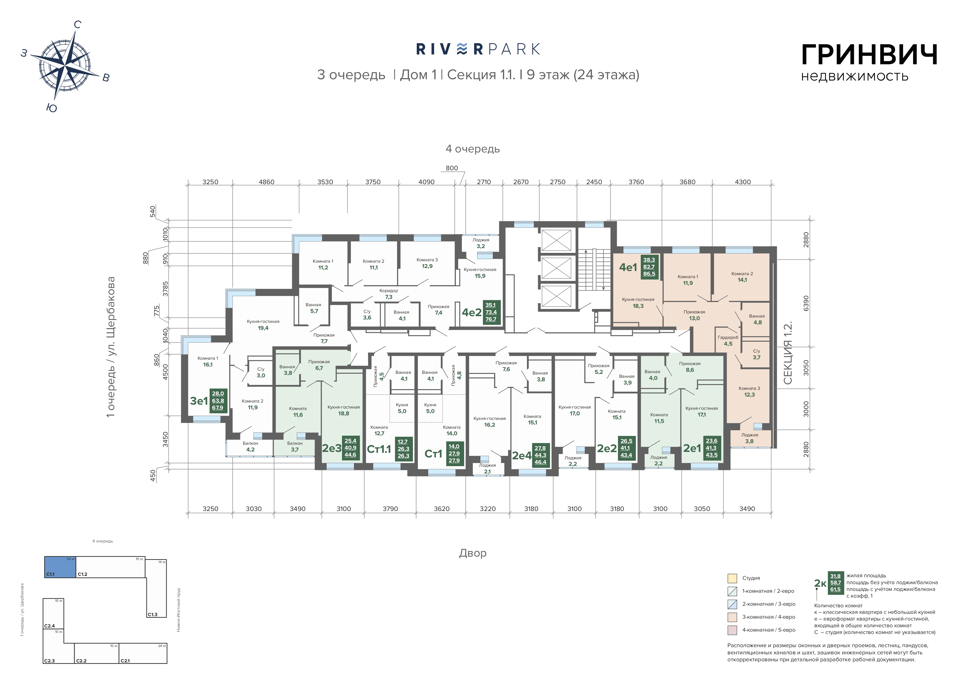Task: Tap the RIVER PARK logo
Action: (x=478, y=49)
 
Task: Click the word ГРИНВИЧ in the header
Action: (x=869, y=55)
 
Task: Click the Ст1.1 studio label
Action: (x=379, y=449)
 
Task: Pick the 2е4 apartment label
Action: (x=522, y=455)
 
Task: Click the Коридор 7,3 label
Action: (x=388, y=293)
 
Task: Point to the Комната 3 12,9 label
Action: (x=427, y=263)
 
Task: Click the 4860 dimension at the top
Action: (x=266, y=182)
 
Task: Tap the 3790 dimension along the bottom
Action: (x=390, y=509)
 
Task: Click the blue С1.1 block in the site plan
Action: (x=60, y=567)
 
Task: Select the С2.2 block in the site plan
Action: (x=96, y=653)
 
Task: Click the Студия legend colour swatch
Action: (x=732, y=578)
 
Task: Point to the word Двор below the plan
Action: (x=473, y=553)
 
